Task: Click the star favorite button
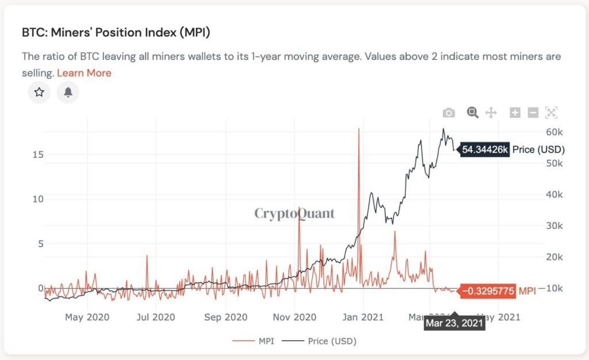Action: pos(39,92)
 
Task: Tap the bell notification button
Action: pos(68,92)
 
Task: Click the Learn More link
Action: pos(84,73)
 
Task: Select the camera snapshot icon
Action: pos(449,113)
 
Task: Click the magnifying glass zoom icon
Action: pos(472,113)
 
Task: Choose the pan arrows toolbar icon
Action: pos(491,113)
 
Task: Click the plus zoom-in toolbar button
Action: pos(515,113)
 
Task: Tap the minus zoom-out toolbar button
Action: pos(533,113)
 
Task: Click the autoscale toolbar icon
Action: pos(551,113)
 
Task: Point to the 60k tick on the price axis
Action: pos(554,132)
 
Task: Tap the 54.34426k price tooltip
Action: pos(485,150)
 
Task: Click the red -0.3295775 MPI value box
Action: pos(487,291)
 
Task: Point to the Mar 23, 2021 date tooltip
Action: pos(454,323)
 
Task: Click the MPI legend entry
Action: pos(254,341)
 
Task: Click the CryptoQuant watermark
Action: pos(294,214)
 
